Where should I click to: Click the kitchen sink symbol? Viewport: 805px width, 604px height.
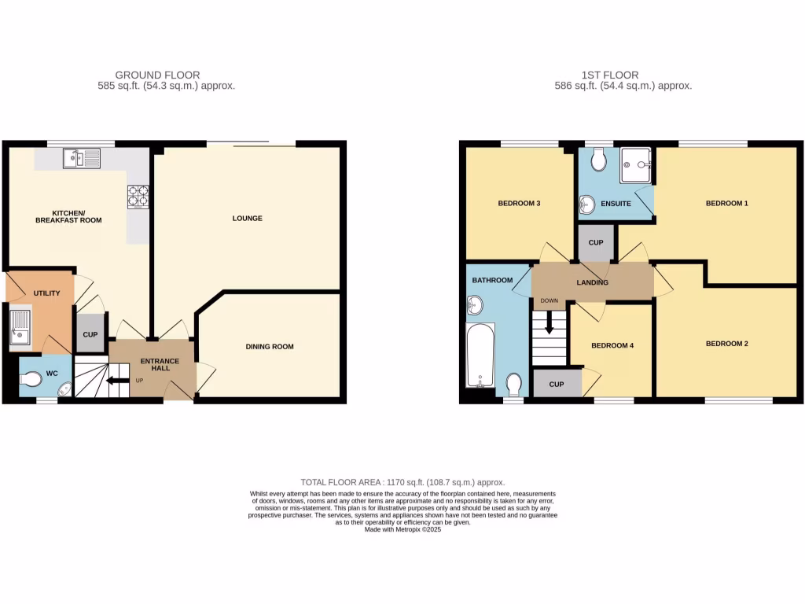(x=82, y=159)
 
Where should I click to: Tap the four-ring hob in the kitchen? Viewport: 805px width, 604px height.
(x=138, y=196)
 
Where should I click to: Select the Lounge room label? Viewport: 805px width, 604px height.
(x=247, y=218)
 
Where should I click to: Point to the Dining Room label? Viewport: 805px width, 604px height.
(x=270, y=346)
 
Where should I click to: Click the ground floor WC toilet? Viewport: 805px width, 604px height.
(x=31, y=380)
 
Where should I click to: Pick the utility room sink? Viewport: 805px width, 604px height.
(x=20, y=328)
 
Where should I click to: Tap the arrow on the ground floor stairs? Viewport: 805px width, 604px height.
(x=114, y=382)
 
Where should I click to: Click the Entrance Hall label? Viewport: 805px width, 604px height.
(x=160, y=366)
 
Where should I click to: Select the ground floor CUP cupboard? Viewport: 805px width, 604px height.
(x=90, y=334)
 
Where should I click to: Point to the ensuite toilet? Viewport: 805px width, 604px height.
(x=598, y=160)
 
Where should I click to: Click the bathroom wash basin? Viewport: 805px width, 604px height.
(x=474, y=305)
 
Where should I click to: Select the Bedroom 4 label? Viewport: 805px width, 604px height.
(x=611, y=345)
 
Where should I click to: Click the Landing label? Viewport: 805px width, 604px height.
(x=592, y=282)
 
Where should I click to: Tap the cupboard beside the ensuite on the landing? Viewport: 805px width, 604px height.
(x=596, y=242)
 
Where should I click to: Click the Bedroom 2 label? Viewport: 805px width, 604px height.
(x=726, y=344)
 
